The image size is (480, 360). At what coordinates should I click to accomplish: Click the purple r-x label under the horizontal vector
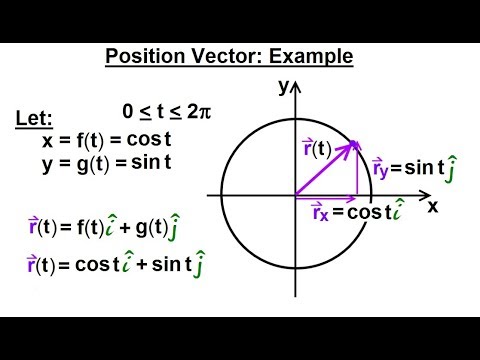319,213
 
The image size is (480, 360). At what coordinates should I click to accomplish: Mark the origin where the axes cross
295,194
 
